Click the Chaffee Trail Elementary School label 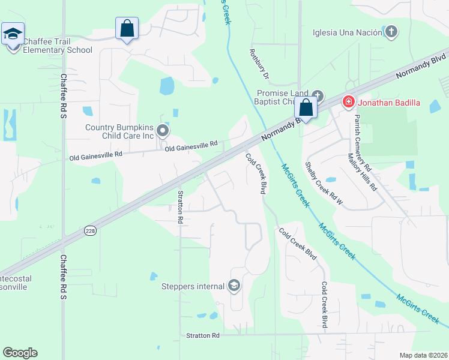point(58,46)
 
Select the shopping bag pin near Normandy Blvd point(306,109)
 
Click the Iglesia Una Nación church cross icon point(391,32)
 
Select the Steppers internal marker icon point(234,286)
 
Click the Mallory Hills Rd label point(363,172)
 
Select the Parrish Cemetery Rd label point(363,142)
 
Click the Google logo point(20,353)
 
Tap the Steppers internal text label point(193,286)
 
